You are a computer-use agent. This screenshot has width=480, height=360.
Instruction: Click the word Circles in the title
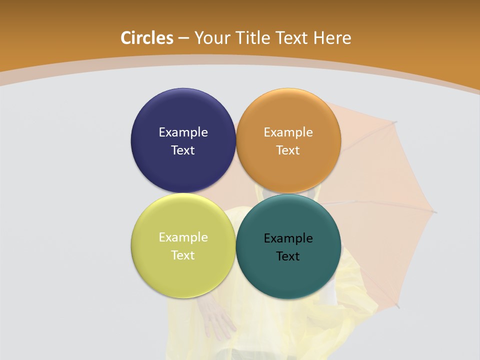click(147, 38)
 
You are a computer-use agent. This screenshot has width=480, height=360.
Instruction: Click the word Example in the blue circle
click(183, 132)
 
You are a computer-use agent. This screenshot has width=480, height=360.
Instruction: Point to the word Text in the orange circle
click(288, 150)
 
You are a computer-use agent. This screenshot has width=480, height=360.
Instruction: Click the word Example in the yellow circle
click(183, 237)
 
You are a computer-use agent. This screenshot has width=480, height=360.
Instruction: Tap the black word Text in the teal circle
click(288, 256)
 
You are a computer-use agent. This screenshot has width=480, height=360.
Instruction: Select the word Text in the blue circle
click(183, 150)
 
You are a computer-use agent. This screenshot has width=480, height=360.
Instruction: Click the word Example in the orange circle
click(288, 132)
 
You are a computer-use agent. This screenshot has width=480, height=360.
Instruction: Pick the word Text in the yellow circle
click(183, 255)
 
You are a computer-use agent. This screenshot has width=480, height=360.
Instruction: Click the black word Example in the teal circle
click(288, 238)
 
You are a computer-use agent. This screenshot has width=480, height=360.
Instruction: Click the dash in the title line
click(183, 38)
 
